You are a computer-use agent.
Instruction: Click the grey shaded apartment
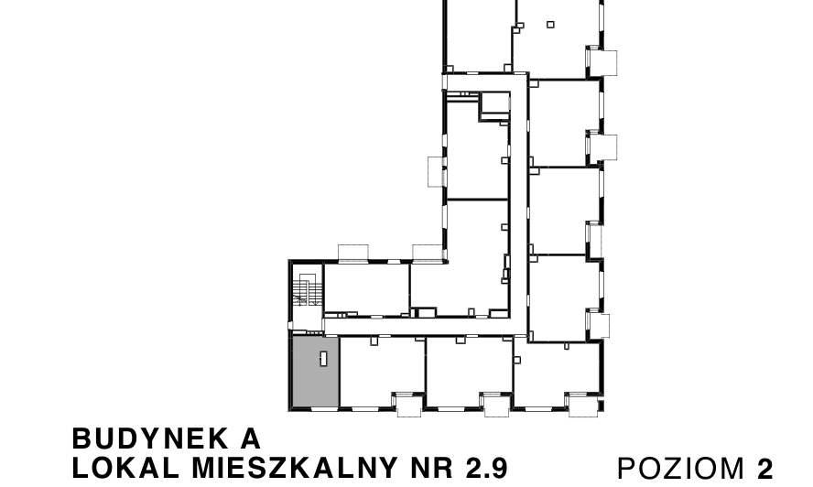tap(316, 372)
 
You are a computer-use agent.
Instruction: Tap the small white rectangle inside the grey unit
tap(323, 358)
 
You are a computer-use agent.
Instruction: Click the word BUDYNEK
tap(150, 438)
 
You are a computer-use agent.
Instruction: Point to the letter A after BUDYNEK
tap(251, 438)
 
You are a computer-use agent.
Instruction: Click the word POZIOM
tap(681, 469)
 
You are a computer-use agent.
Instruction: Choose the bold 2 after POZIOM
tap(764, 469)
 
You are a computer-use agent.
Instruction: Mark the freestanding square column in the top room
tap(550, 25)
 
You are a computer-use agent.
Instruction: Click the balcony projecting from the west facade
tap(436, 172)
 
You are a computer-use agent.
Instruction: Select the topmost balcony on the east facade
tap(602, 63)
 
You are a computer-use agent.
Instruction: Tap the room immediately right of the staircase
tap(366, 289)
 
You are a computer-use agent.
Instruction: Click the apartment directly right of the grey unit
tap(382, 372)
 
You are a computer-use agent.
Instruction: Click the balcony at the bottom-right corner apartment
tap(583, 405)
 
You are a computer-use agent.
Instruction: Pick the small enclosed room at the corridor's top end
tap(494, 106)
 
